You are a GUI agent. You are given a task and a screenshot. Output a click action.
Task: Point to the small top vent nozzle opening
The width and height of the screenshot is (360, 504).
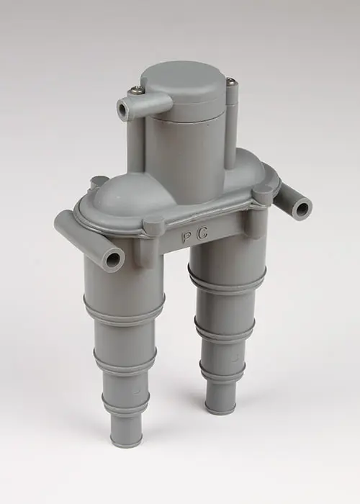pos(123,110)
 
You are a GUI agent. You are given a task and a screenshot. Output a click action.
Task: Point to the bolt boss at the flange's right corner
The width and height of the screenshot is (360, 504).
pos(263,194)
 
